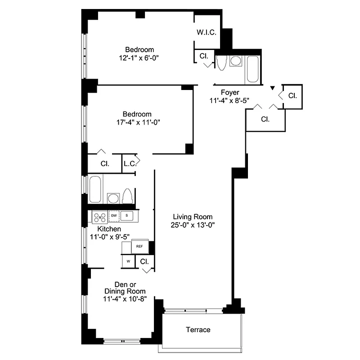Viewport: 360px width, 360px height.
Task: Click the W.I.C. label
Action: click(207, 32)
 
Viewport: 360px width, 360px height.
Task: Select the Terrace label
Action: click(198, 330)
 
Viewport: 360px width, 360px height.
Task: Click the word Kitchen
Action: click(109, 229)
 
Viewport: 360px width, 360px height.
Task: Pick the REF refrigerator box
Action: click(139, 247)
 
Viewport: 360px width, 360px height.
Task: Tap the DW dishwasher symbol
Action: click(114, 216)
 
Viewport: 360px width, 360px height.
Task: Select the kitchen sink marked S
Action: click(127, 216)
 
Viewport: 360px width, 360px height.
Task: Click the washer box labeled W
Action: click(128, 261)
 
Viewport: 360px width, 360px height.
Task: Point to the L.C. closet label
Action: click(130, 164)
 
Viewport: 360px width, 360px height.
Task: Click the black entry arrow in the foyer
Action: click(272, 89)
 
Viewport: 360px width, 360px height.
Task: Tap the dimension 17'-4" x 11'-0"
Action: click(138, 122)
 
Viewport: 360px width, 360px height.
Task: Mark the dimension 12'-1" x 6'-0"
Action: click(139, 58)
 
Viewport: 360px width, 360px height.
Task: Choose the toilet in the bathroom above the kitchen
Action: click(127, 196)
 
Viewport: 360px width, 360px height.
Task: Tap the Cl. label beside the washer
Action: click(144, 261)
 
